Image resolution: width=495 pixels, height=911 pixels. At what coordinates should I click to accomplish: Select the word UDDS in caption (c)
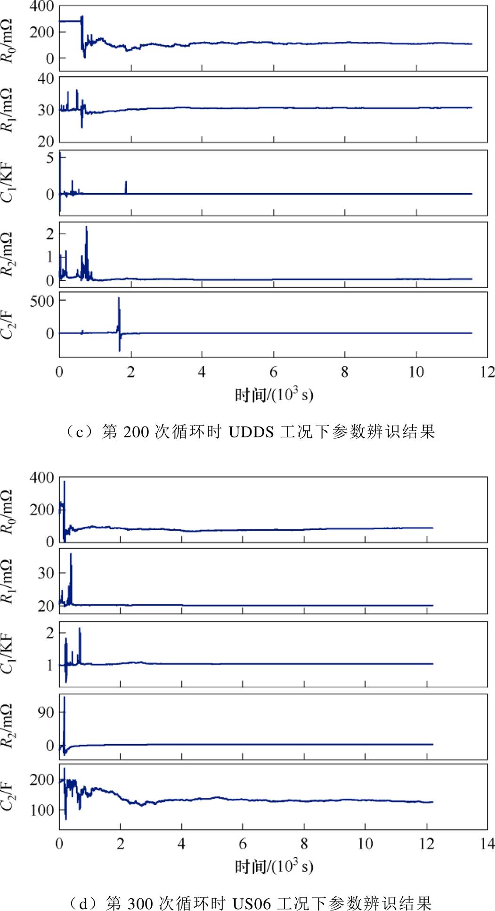(x=251, y=432)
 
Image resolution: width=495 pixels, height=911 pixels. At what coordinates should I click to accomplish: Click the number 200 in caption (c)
(x=136, y=432)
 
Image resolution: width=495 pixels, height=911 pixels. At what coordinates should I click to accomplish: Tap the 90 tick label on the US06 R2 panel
(x=46, y=712)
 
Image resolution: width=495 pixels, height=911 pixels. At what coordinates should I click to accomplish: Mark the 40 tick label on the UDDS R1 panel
(x=46, y=79)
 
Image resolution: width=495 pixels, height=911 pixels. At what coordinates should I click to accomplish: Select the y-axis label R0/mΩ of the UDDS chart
(x=8, y=41)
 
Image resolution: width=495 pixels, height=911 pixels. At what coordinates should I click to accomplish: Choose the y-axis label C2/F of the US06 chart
(x=8, y=796)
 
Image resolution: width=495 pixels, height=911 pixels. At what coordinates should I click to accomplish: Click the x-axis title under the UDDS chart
(x=274, y=394)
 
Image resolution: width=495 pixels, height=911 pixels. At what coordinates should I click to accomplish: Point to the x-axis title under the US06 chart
(x=274, y=866)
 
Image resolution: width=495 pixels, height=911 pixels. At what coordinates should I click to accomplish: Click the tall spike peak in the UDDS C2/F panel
(x=119, y=298)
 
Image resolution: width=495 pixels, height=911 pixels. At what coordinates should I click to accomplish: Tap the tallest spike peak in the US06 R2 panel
(x=65, y=698)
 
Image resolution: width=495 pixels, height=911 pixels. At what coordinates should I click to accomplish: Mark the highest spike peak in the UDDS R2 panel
(x=86, y=227)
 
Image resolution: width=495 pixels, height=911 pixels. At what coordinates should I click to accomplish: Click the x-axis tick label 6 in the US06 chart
(x=243, y=844)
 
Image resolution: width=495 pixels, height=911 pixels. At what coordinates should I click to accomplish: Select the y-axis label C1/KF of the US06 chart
(x=8, y=654)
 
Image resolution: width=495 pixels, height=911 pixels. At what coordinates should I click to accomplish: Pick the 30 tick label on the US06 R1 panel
(x=46, y=573)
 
